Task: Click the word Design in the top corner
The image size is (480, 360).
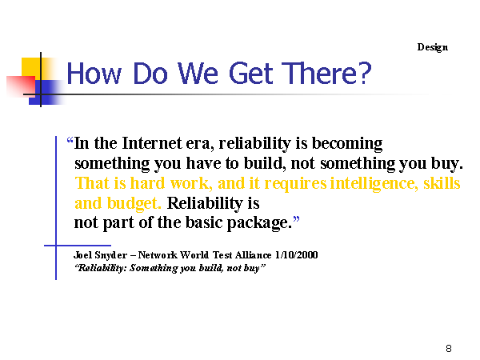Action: point(432,47)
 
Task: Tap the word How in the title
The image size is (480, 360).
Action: point(94,74)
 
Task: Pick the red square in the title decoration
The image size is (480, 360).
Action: point(21,86)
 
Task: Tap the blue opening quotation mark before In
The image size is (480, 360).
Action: point(70,141)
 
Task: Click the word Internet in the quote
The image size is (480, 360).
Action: point(152,143)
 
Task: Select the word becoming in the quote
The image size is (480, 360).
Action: point(347,144)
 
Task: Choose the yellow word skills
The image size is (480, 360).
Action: point(442,183)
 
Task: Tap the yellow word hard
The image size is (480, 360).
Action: point(147,183)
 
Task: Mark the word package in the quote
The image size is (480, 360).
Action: point(259,223)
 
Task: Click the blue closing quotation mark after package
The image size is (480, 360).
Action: point(296,219)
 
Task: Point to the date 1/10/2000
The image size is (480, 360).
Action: point(296,255)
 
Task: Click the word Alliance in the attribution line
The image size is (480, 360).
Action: point(253,255)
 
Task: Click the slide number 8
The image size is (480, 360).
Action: point(449,348)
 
